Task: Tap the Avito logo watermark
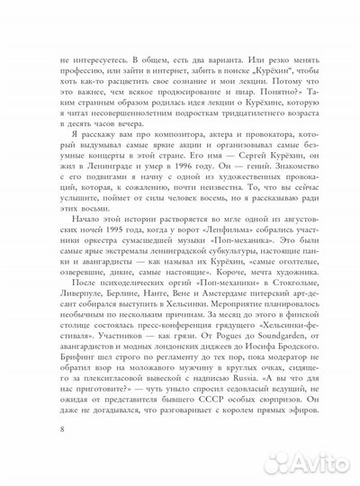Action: (306, 464)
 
